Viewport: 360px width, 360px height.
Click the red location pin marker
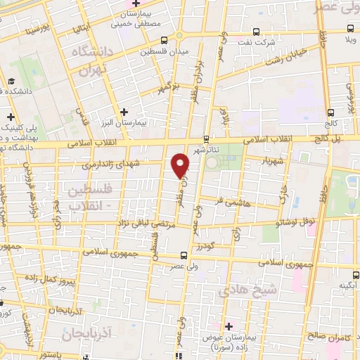[x=181, y=164]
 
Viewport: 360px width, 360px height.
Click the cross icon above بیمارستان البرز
[x=124, y=111]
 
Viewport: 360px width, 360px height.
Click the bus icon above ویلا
[x=351, y=29]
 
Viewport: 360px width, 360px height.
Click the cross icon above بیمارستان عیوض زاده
[x=228, y=326]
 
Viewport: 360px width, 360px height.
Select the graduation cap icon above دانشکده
[x=12, y=82]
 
